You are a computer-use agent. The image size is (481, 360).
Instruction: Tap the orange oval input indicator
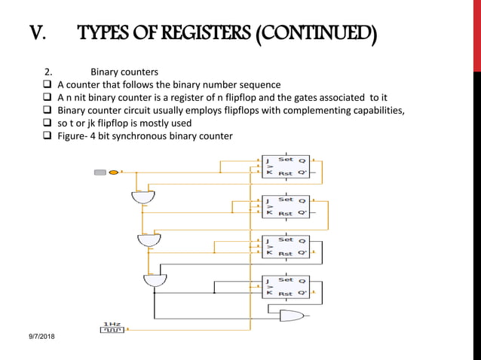(x=114, y=172)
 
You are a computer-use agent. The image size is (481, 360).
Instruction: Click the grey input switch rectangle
(x=100, y=172)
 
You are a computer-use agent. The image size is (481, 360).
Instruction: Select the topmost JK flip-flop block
(x=285, y=166)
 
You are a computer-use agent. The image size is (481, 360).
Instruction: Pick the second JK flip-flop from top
(x=285, y=206)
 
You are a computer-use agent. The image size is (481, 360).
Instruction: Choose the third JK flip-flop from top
(x=285, y=246)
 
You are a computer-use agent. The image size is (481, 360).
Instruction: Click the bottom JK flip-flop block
(x=285, y=286)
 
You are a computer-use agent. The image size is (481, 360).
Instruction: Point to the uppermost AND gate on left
(x=142, y=198)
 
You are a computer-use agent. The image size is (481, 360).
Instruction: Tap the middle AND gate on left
(x=149, y=240)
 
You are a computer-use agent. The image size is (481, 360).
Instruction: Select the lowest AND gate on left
(x=155, y=280)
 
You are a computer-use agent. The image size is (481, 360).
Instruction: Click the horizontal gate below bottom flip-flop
(x=291, y=316)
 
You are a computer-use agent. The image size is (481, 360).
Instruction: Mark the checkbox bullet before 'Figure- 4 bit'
(x=46, y=136)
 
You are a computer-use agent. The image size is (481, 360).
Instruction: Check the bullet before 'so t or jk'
(x=46, y=124)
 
